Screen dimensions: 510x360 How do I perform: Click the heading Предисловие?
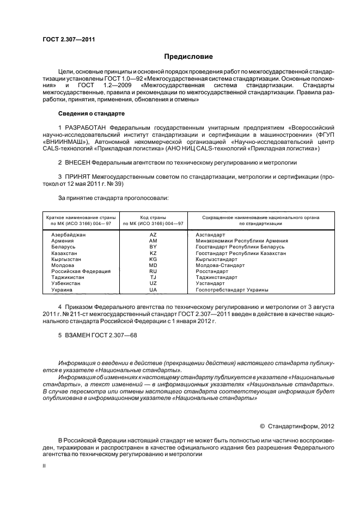coord(189,57)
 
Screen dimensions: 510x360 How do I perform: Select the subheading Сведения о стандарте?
coord(91,113)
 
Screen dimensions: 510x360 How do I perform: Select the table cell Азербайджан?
coord(69,234)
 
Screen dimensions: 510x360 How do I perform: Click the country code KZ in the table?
coord(153,253)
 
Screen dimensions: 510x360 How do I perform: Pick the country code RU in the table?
coord(153,271)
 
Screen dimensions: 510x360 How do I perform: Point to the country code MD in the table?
coord(153,265)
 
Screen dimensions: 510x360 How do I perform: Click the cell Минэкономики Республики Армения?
coord(241,240)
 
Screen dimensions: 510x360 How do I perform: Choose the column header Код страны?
coord(153,217)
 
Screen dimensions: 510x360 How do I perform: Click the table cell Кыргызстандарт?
coord(215,259)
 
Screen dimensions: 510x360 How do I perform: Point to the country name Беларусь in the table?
coord(64,246)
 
